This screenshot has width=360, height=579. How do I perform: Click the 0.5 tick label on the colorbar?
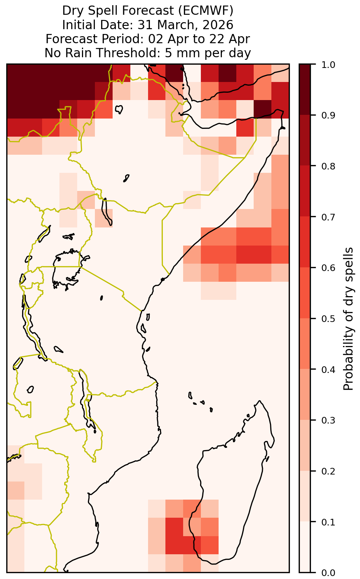tap(328, 319)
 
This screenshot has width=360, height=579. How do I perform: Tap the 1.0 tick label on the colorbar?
tap(328, 65)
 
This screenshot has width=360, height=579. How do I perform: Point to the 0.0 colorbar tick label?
tap(328, 572)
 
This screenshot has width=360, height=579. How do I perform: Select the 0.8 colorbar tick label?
tap(328, 166)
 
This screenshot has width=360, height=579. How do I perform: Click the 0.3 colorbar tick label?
tap(328, 420)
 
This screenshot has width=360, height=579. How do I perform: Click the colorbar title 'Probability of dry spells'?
tap(348, 319)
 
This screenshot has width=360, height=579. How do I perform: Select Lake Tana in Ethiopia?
tap(119, 109)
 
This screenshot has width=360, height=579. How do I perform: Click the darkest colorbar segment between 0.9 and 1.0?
tap(305, 89)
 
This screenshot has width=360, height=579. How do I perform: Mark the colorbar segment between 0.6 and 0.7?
tap(305, 242)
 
